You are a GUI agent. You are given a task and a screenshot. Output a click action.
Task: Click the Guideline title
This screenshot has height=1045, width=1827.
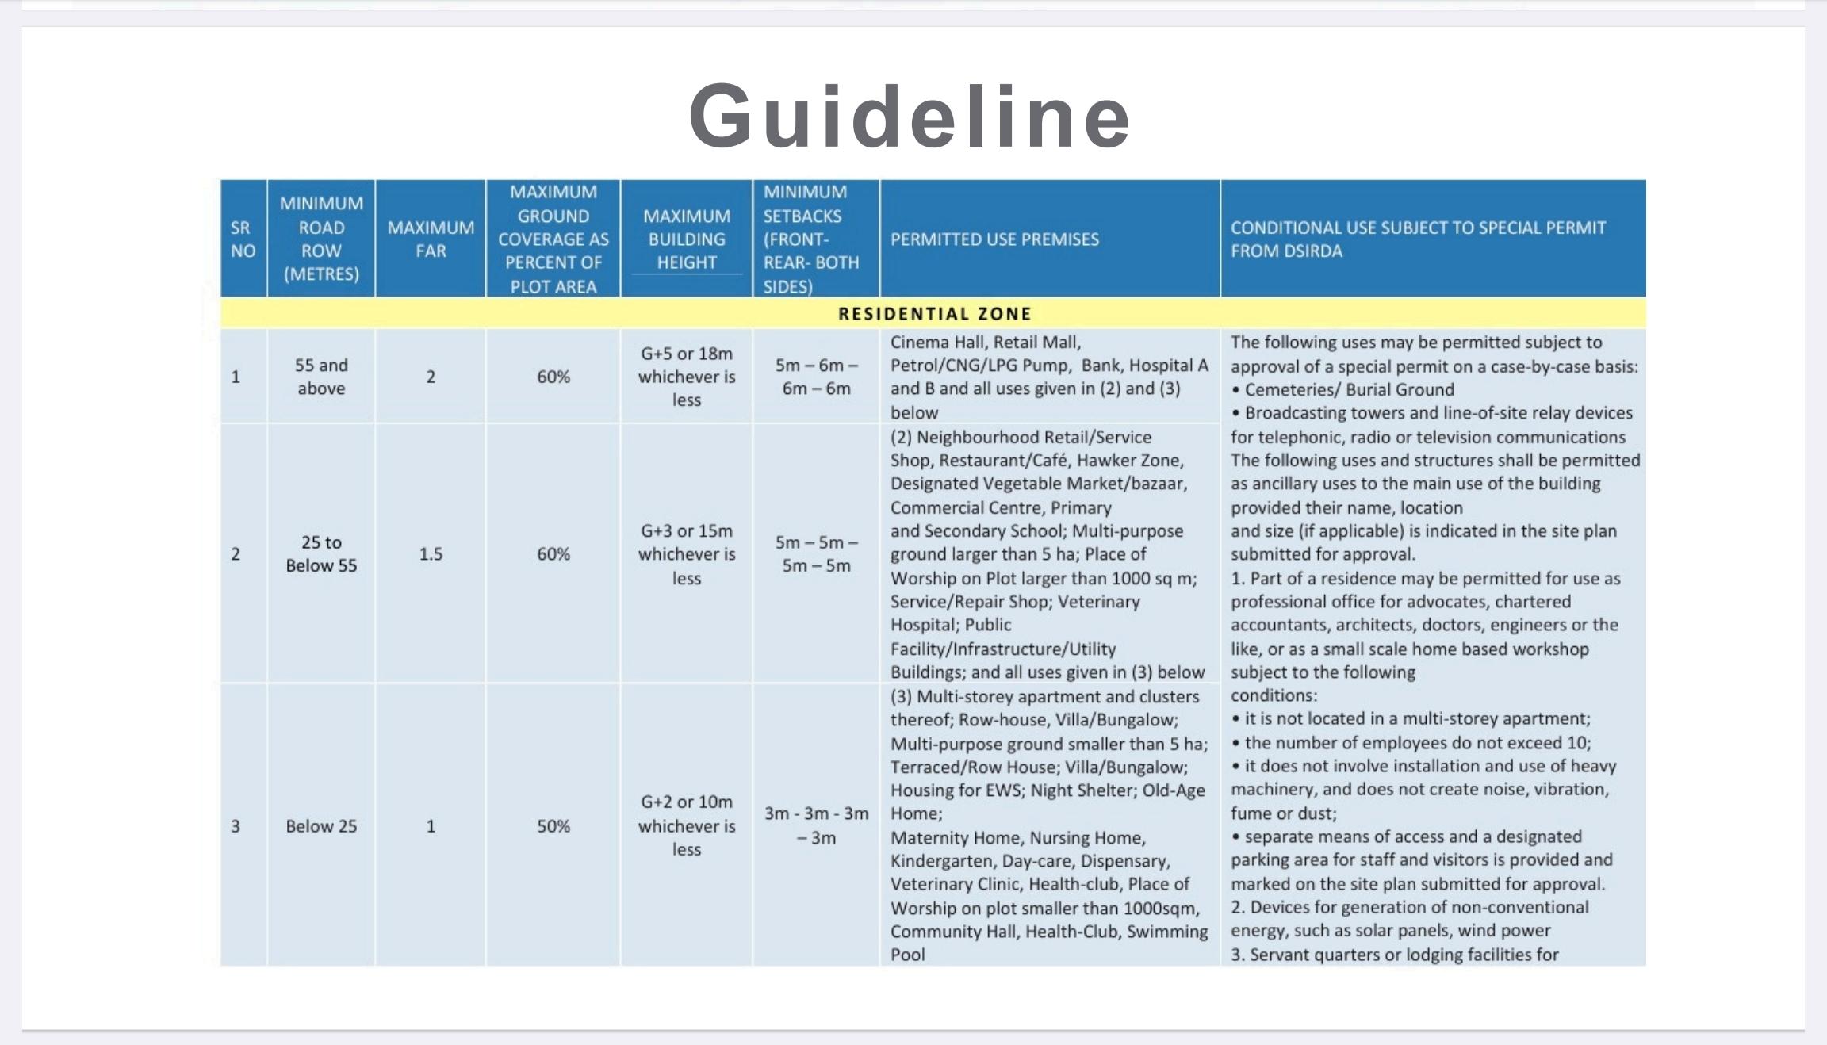(910, 116)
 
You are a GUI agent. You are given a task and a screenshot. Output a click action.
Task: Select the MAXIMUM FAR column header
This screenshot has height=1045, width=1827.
(431, 239)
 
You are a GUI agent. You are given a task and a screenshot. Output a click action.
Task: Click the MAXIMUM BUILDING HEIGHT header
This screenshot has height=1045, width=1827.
(686, 239)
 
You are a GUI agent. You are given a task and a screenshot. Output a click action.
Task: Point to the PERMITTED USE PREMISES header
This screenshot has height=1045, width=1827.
(994, 239)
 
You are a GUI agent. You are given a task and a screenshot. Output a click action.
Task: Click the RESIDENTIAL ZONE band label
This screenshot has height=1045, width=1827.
(934, 314)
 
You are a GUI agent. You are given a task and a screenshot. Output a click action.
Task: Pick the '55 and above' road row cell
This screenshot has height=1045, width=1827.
(321, 377)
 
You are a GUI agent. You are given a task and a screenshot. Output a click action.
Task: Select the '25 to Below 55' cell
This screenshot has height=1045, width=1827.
(321, 553)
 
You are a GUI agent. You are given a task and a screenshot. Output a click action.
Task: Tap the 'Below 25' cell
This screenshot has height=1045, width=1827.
(321, 825)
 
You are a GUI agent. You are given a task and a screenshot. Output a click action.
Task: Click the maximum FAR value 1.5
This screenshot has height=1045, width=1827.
(431, 553)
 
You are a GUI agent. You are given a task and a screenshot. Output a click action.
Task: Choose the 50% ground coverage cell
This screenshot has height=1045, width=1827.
(553, 825)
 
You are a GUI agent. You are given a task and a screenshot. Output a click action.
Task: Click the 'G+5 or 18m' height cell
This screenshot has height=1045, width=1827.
(686, 377)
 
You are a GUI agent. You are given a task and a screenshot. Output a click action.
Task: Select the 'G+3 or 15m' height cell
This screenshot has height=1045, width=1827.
(686, 553)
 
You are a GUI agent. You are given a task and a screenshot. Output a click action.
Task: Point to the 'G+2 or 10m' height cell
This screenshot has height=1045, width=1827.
(686, 825)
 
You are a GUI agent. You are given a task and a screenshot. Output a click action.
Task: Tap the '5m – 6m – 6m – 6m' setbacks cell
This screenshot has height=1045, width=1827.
(816, 377)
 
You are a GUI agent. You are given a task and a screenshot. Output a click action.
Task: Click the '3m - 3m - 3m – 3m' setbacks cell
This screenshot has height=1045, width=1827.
(816, 825)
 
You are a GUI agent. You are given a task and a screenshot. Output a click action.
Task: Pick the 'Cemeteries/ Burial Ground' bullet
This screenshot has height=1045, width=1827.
(1348, 389)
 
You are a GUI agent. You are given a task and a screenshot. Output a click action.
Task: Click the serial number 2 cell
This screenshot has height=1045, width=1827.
(236, 553)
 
